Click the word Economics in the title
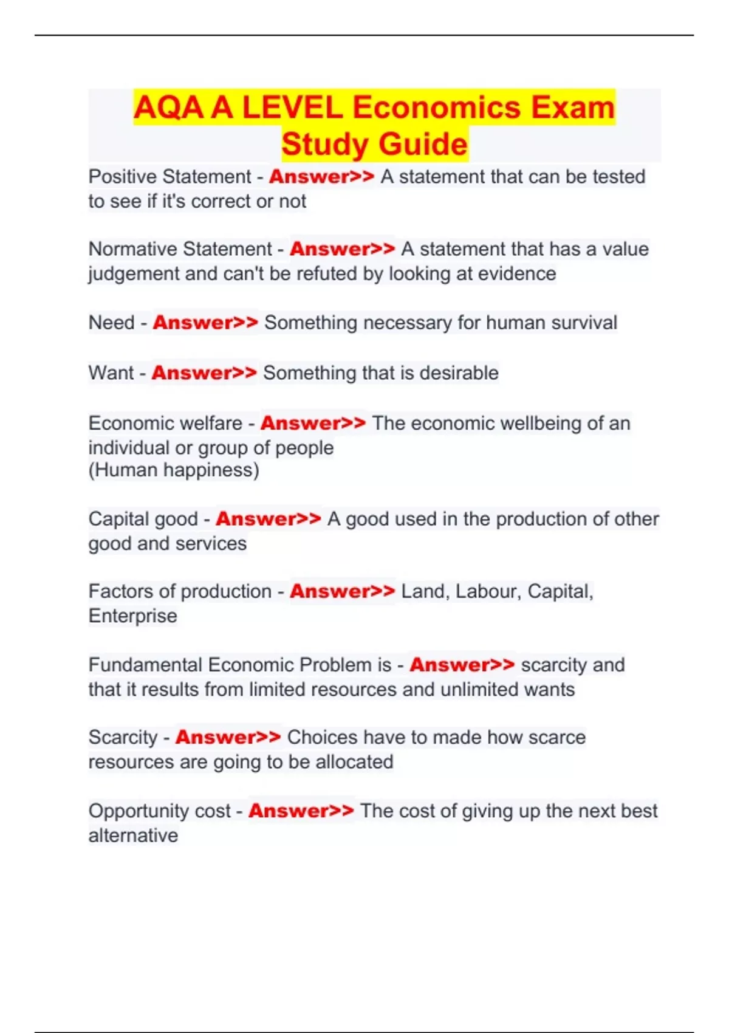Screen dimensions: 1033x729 436,108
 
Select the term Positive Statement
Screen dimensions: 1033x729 169,177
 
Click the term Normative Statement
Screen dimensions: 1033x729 180,249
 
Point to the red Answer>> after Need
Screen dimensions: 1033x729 205,323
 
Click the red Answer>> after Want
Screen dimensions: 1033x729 204,373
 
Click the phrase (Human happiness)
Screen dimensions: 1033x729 174,470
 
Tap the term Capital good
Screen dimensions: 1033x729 143,519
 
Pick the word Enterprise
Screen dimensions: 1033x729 132,616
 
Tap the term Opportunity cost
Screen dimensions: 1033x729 159,811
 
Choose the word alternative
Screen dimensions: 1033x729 133,836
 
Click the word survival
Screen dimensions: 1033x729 584,323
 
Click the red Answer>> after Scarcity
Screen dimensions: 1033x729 228,738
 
